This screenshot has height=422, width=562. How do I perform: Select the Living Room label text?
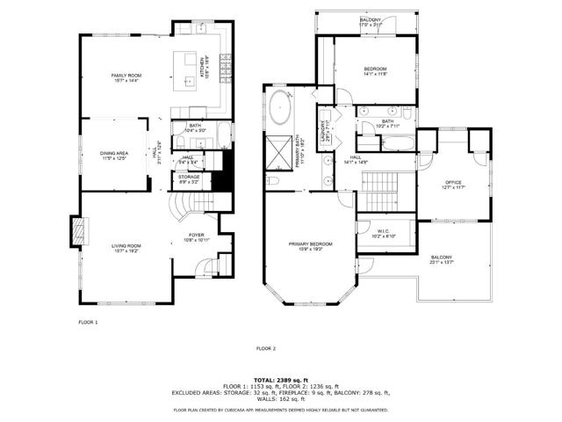pyautogui.click(x=126, y=248)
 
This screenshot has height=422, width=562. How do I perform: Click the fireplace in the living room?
pyautogui.click(x=79, y=232)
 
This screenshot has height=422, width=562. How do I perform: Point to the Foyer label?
pyautogui.click(x=197, y=236)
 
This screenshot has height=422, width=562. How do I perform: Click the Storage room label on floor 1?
pyautogui.click(x=189, y=178)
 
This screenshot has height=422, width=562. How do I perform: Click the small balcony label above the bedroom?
pyautogui.click(x=370, y=22)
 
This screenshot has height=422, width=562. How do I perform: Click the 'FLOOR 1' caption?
pyautogui.click(x=88, y=323)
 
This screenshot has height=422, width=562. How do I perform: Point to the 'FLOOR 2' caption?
pyautogui.click(x=266, y=349)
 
